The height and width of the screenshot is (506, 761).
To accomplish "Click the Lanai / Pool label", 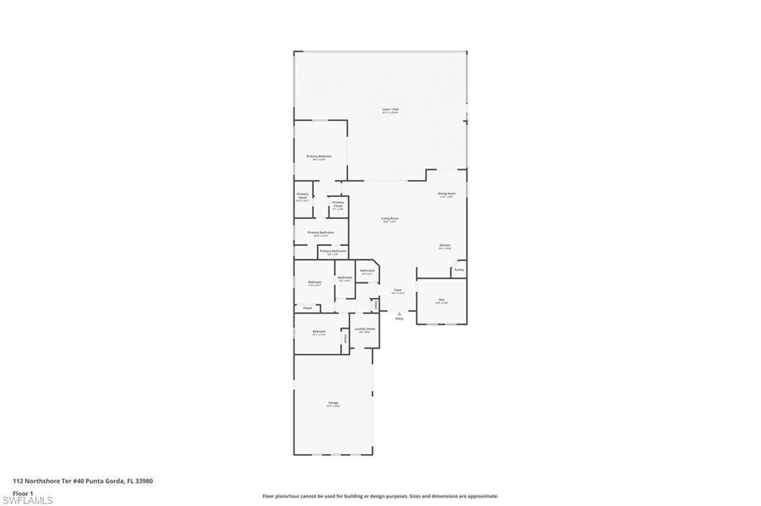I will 390,109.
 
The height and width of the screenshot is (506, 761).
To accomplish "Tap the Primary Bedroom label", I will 319,156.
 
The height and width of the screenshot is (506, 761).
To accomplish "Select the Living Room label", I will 390,218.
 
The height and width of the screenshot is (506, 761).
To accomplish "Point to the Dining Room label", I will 447,193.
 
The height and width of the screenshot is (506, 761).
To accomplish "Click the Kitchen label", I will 444,245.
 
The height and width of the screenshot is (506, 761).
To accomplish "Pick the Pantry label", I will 459,270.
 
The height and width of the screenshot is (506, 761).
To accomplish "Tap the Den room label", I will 441,299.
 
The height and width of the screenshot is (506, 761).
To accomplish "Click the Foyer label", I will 398,290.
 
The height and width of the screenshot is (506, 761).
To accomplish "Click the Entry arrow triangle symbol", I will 399,314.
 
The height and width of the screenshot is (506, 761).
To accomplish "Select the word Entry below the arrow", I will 399,319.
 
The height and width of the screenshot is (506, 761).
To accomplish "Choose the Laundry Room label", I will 364,328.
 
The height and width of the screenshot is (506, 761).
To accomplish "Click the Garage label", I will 333,403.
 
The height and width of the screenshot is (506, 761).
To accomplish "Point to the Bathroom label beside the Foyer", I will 367,270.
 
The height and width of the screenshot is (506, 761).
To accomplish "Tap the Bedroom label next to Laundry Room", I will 319,331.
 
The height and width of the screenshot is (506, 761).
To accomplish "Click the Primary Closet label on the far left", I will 302,195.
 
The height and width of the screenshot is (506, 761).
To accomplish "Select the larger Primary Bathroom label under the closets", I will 320,233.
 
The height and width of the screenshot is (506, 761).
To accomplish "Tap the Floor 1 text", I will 23,493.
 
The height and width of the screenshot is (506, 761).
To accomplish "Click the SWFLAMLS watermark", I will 27,500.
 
